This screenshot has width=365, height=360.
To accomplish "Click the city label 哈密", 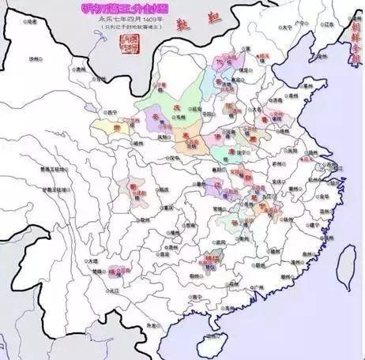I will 31,22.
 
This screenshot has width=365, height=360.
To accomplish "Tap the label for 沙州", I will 32,59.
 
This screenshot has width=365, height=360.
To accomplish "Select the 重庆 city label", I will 168,208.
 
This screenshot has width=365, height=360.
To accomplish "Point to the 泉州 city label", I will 311,260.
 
